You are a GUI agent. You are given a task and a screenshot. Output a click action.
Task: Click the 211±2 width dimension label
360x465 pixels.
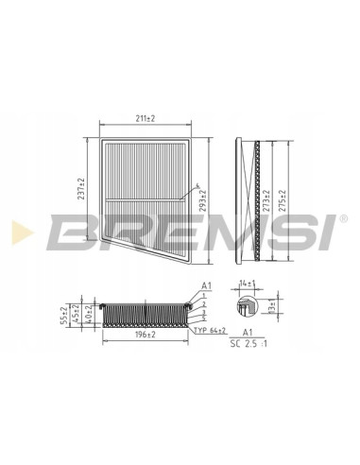tap(146, 118)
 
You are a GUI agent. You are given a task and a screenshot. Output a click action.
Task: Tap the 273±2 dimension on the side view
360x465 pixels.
tap(266, 200)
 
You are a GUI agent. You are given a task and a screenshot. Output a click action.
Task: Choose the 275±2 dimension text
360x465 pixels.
tap(282, 200)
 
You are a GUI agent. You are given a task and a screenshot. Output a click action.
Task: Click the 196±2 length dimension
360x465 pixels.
tap(146, 335)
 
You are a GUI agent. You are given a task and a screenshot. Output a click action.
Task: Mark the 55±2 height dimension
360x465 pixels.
tap(63, 316)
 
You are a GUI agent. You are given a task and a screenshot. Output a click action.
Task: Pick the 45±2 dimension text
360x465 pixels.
tap(76, 314)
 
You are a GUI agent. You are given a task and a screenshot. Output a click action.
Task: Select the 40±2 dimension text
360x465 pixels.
tap(89, 314)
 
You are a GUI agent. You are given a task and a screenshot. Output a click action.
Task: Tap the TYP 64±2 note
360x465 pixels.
tap(210, 331)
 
